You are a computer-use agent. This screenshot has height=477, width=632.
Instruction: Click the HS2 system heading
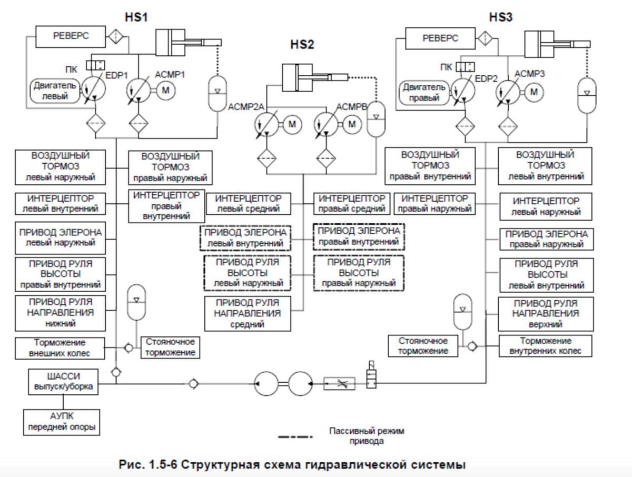click(x=302, y=44)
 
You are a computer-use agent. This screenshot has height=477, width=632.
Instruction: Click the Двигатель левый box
click(x=55, y=90)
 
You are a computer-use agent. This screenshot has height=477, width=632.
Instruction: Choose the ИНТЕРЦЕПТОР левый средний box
click(x=249, y=203)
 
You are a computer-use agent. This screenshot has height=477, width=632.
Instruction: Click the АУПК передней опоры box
click(x=62, y=421)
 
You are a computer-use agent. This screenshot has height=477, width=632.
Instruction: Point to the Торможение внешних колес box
click(x=60, y=347)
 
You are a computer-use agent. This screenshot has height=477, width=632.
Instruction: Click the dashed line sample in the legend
click(x=295, y=436)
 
